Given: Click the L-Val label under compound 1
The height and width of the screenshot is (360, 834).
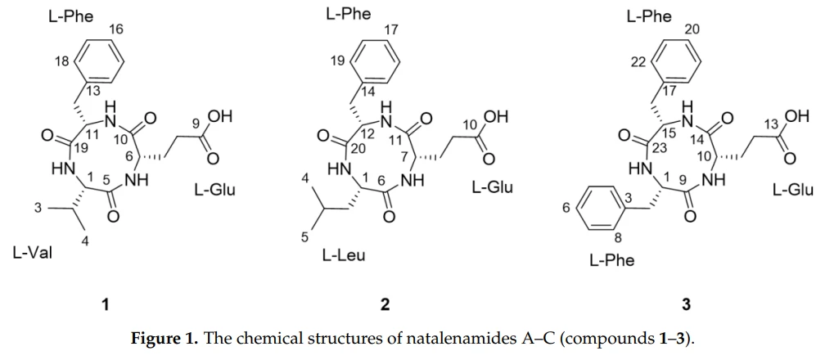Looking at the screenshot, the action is point(33,253).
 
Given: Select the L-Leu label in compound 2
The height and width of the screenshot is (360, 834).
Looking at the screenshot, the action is point(344,256).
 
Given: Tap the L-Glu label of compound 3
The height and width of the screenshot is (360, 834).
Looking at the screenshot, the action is point(793,190).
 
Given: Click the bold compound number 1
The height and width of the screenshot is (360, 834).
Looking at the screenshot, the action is point(106,304).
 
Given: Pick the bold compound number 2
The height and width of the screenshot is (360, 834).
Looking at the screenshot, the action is point(385,304).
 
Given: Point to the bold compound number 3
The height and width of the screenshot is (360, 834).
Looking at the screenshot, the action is point(687,304).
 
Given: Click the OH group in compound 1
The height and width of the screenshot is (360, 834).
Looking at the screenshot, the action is point(220,117).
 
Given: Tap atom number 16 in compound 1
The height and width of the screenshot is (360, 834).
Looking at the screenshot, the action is point(116,29).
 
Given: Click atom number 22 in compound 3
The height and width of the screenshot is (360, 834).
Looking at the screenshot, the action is point(638,63).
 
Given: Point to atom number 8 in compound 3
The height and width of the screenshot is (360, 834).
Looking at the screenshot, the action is point(618,237).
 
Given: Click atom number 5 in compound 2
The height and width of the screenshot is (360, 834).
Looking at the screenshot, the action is point(304,237).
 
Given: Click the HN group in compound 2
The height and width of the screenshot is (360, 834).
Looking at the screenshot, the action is point(337,170).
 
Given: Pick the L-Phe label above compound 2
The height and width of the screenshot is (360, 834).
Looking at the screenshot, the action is point(349,14).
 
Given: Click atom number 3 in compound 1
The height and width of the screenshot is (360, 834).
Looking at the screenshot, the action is point(38,208).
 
